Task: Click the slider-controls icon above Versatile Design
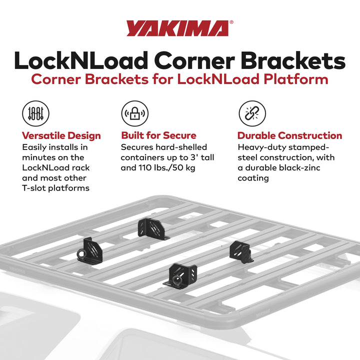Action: [35, 113]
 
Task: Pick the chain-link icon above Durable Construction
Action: [251, 113]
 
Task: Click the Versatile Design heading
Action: [61, 135]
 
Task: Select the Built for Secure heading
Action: [158, 135]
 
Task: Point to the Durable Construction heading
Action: [289, 135]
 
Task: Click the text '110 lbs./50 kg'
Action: [165, 167]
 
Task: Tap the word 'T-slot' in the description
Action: [36, 188]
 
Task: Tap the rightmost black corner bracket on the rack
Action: [240, 250]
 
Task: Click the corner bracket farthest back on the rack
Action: [149, 228]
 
